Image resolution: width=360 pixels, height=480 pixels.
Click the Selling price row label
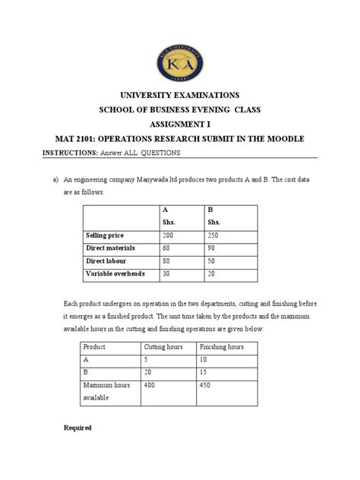click(x=105, y=237)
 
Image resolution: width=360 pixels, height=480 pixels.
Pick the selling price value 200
click(x=168, y=237)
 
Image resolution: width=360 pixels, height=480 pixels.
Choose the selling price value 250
click(x=214, y=237)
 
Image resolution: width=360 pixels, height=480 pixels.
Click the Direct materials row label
click(x=109, y=249)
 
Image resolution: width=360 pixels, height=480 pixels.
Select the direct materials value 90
click(x=213, y=249)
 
